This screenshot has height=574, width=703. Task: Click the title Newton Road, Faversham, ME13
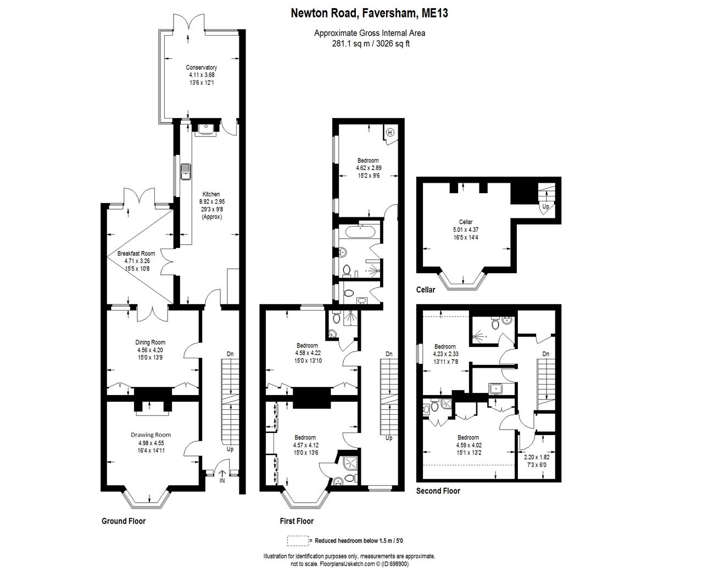tap(369, 13)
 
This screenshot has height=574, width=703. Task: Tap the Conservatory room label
tap(201, 67)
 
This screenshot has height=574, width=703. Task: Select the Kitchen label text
tap(211, 194)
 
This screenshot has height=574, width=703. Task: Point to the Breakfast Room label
tap(136, 254)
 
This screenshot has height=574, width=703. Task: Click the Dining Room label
tap(151, 342)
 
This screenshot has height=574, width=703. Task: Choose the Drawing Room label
tap(151, 435)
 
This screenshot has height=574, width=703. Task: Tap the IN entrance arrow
tap(222, 477)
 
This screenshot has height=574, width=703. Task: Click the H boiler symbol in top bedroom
tap(390, 132)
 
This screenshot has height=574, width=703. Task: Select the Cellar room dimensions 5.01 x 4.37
tap(466, 229)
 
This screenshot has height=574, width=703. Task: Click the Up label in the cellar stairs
tap(545, 207)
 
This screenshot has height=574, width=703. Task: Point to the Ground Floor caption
tap(124, 521)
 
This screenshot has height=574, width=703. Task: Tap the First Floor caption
tap(297, 521)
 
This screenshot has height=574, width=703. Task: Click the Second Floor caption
tap(438, 491)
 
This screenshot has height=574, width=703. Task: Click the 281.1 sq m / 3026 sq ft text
tap(369, 43)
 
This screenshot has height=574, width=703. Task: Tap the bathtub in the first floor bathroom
tap(359, 232)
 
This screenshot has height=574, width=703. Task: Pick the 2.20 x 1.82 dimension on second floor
tap(536, 457)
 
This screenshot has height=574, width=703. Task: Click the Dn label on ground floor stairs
tap(230, 354)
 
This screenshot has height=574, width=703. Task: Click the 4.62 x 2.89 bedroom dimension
tap(367, 168)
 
